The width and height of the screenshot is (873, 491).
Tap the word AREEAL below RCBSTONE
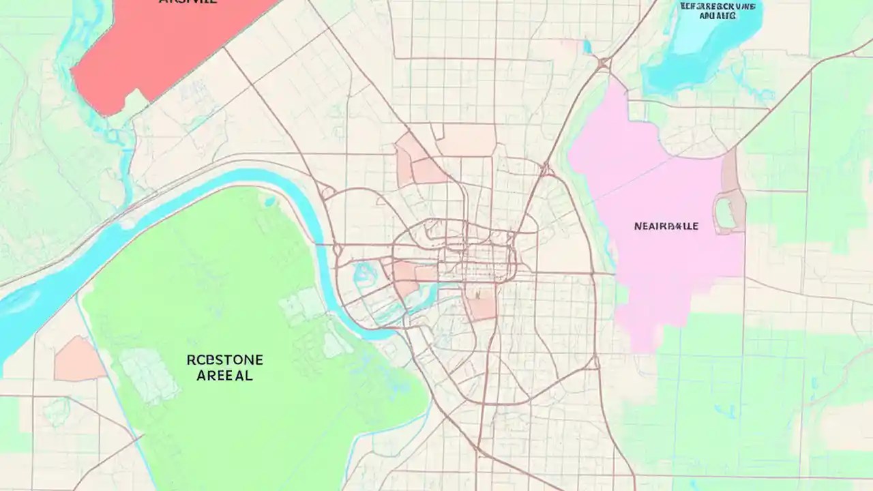[x=224, y=375]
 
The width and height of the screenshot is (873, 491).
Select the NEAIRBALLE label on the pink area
[x=666, y=226]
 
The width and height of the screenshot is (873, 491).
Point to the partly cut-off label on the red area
[x=188, y=2]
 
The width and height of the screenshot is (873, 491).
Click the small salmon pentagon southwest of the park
[x=78, y=359]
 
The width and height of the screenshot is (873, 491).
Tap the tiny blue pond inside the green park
[x=269, y=201]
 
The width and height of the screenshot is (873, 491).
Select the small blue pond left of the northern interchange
[x=587, y=46]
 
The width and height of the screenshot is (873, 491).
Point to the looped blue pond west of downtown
[x=366, y=274]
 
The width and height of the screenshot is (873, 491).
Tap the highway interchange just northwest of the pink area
[x=603, y=63]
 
